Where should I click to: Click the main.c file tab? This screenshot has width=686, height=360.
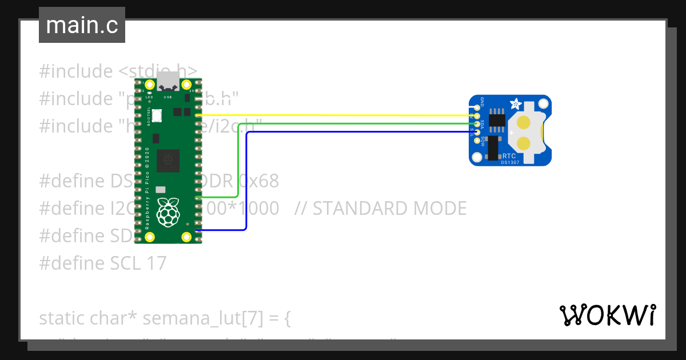click(82, 25)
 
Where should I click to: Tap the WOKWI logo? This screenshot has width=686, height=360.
click(607, 315)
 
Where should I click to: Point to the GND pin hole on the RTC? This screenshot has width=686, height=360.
click(477, 107)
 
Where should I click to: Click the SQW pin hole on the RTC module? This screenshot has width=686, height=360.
click(477, 140)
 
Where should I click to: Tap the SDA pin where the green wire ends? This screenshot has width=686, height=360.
click(477, 124)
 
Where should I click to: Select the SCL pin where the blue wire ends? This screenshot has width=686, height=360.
click(477, 132)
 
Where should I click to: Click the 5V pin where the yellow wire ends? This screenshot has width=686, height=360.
click(477, 116)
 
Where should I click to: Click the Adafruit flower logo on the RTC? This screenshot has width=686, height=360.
click(516, 105)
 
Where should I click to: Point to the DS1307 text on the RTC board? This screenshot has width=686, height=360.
click(511, 162)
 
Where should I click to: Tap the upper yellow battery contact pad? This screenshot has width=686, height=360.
click(525, 122)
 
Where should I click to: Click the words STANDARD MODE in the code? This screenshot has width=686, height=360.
click(389, 209)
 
